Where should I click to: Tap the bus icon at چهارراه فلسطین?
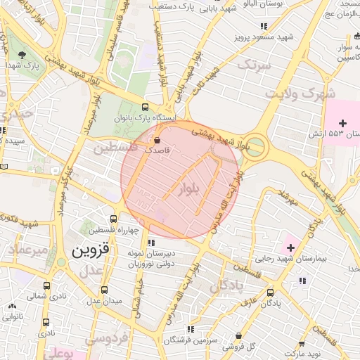[114, 219]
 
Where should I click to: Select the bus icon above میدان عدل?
[104, 290]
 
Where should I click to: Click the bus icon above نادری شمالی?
[47, 286]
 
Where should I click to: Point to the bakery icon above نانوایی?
[12, 305]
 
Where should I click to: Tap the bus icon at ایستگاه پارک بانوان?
[145, 108]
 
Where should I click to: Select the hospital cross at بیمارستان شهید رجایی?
[290, 247]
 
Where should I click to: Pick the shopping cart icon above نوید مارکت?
[301, 344]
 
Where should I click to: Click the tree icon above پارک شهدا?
[22, 55]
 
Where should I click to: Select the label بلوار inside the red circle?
[190, 190]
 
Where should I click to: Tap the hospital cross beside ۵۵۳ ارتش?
[342, 123]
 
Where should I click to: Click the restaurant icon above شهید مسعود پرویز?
[264, 25]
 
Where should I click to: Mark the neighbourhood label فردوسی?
[107, 338]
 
